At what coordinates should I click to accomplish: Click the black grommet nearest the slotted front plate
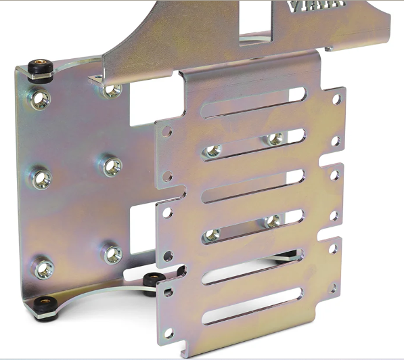point(151,279)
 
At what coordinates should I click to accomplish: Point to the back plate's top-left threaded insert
point(41,99)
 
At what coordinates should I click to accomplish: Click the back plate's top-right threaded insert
point(112,88)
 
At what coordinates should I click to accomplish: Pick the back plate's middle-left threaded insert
point(42,179)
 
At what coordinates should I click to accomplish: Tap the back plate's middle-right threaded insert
point(112,165)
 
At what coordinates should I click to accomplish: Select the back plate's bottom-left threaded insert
point(44,267)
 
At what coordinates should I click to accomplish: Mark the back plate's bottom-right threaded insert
point(112,254)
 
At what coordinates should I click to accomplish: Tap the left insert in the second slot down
point(212,150)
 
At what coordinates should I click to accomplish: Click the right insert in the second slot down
point(274,139)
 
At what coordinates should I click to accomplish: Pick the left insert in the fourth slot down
point(212,234)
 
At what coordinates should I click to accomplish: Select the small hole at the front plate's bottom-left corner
point(169,332)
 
